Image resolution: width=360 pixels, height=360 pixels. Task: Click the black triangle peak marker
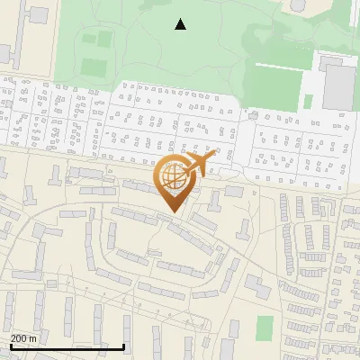181,24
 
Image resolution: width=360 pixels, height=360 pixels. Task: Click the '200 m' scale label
23,337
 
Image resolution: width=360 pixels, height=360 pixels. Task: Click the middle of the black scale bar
67,346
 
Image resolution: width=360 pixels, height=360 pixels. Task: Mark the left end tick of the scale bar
11,346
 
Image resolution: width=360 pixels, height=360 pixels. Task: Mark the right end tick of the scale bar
123,346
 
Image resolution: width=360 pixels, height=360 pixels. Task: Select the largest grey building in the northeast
339,85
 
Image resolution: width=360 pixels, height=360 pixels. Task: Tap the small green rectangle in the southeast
265,328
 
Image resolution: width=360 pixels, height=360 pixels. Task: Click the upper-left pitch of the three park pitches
89,39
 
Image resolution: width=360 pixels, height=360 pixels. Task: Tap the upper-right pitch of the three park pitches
105,39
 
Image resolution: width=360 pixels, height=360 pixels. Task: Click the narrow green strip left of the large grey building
309,102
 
